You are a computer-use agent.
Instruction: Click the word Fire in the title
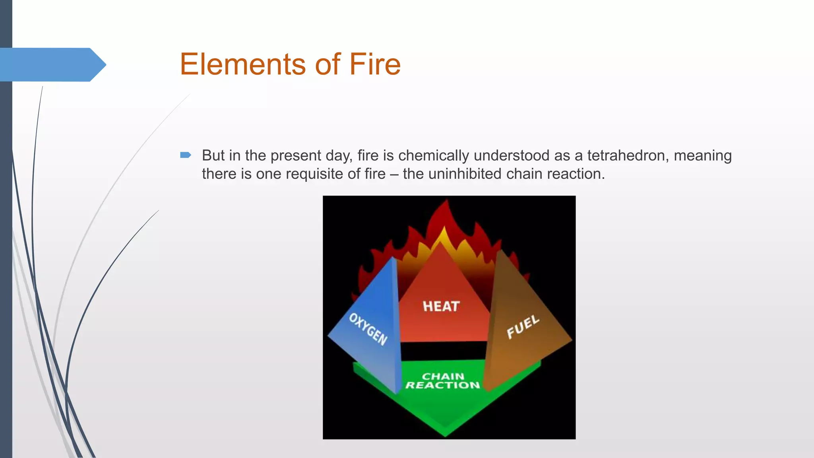coord(375,64)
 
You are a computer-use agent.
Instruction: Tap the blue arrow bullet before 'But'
coord(186,155)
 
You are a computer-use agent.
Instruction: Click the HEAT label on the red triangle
coord(441,306)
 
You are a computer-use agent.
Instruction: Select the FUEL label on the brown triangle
coord(523,327)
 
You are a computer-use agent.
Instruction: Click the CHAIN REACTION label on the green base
coord(443,381)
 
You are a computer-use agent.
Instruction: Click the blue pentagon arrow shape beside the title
coord(52,65)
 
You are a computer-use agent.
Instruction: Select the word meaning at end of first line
coord(702,155)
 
